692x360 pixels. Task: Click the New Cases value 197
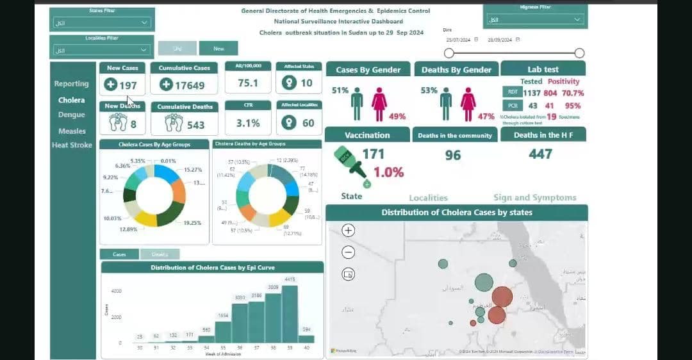point(128,85)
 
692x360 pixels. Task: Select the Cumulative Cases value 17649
point(190,85)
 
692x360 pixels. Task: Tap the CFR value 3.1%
point(248,122)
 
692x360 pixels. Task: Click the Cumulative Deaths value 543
point(195,124)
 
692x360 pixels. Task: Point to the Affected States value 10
point(306,83)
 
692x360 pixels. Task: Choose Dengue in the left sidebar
point(71,115)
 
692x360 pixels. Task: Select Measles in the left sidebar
point(72,131)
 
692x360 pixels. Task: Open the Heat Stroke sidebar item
point(72,145)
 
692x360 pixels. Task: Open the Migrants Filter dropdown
point(536,20)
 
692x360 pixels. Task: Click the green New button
point(218,48)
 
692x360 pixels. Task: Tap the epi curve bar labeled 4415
point(290,314)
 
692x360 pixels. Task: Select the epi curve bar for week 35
point(223,332)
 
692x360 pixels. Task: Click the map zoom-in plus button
point(349,231)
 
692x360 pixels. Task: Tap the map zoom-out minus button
point(349,252)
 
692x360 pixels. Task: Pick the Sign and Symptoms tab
point(534,198)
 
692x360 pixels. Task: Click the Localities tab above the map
point(428,198)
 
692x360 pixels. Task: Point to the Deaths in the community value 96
point(453,155)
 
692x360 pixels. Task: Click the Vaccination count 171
point(374,154)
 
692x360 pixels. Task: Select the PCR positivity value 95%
point(573,106)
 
